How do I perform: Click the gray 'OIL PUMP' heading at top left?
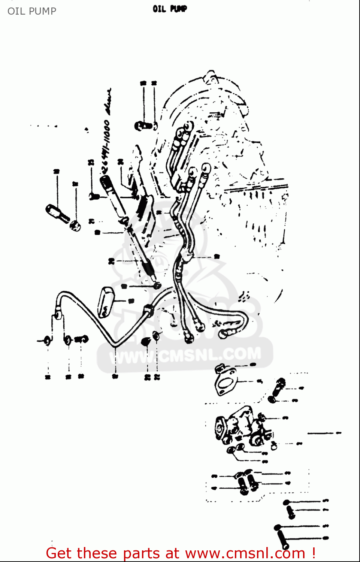pyautogui.click(x=32, y=11)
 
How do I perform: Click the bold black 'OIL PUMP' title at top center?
pyautogui.click(x=169, y=9)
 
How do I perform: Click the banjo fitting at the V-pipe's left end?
pyautogui.click(x=58, y=312)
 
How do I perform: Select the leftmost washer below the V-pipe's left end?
pyautogui.click(x=47, y=341)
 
